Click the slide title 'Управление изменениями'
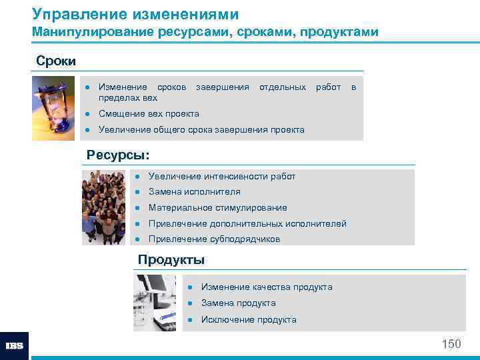tap(135, 13)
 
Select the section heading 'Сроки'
tap(56, 61)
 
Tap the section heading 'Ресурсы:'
tap(118, 155)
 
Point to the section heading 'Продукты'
tap(171, 260)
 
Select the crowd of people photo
tap(103, 207)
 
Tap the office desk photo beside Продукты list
tap(155, 302)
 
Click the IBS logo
tap(14, 346)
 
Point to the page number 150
tap(451, 344)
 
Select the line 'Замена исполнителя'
tap(195, 192)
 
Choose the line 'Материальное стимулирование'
tap(217, 208)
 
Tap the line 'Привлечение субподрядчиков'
tap(214, 239)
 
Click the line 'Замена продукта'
tap(238, 303)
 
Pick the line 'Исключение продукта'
tap(249, 320)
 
